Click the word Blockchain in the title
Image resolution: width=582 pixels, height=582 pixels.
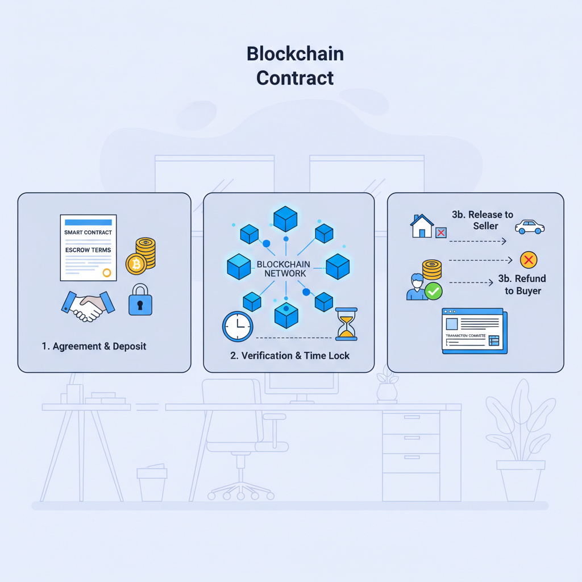tap(295, 54)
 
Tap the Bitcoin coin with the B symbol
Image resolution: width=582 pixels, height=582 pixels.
tap(136, 264)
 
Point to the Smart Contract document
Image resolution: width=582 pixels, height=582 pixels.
tap(88, 247)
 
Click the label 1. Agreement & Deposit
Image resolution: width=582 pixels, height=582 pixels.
tap(94, 346)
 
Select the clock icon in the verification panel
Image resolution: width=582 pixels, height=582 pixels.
tap(237, 327)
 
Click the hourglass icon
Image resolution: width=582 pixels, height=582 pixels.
tap(346, 324)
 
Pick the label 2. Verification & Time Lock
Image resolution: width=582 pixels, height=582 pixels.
tap(290, 356)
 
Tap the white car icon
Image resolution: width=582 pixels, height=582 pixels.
tap(529, 227)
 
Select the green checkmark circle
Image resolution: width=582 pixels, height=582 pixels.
tap(434, 292)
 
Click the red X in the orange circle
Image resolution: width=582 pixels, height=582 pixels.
tap(529, 260)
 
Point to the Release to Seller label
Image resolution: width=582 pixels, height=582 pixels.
tap(482, 220)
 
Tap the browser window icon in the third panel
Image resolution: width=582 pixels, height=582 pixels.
tap(474, 332)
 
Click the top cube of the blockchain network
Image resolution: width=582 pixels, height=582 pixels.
tap(286, 218)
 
